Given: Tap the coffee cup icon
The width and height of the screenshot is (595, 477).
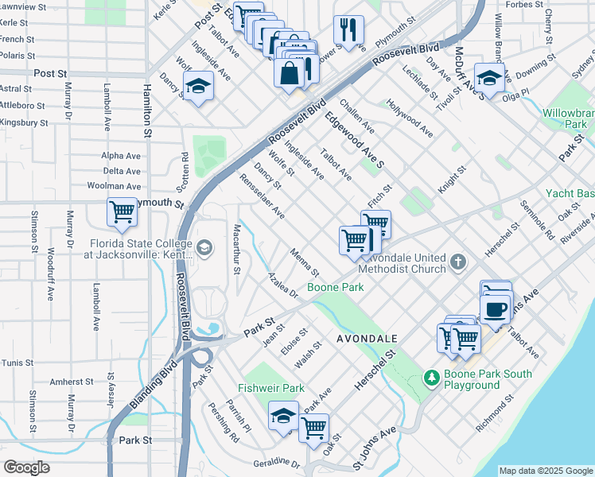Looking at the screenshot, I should coord(495,307).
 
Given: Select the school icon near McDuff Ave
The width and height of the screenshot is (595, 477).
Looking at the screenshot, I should coord(489,78).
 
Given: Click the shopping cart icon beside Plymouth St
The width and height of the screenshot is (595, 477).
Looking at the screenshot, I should coord(122,211).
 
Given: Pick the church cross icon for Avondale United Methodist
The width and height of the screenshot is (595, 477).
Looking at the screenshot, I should coord(457,262).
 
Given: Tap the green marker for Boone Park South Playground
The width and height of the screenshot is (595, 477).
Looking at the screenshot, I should coord(431,377).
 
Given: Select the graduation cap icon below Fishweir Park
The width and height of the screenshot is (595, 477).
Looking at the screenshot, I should coord(283,416).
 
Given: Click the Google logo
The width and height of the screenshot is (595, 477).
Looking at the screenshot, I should coord(26,467).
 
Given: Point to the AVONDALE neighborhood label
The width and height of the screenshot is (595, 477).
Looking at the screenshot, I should coord(367,338).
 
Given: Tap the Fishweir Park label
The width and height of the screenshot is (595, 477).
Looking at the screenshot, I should coord(271,388).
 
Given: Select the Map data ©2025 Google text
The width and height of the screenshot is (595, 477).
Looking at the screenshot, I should coord(545,471).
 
